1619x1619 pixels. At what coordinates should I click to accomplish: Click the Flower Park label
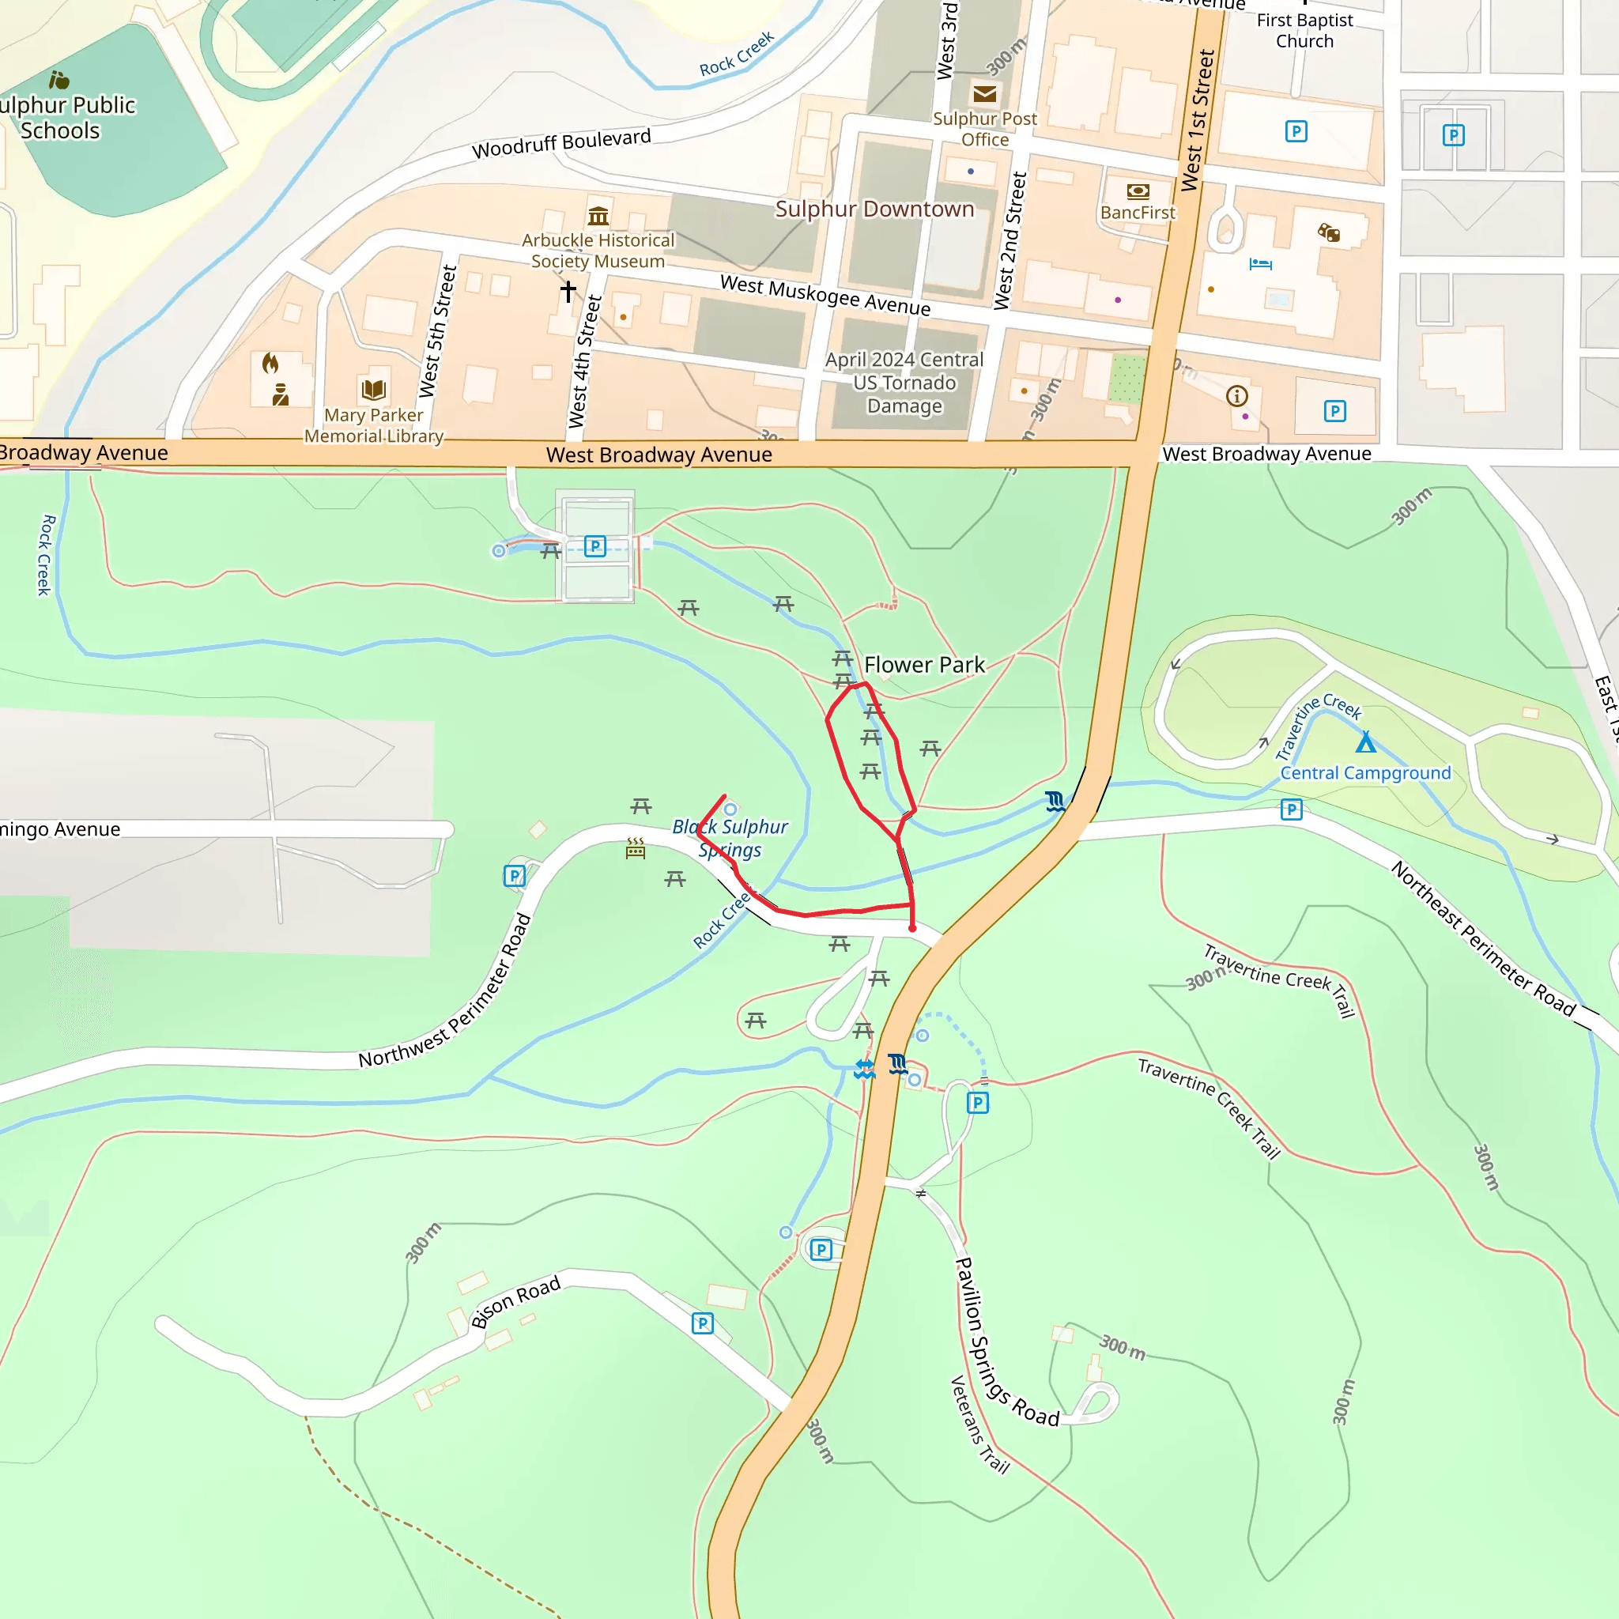coord(923,666)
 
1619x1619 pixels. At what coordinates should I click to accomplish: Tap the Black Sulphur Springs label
coord(730,838)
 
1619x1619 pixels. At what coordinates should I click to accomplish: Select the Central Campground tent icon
coord(1366,742)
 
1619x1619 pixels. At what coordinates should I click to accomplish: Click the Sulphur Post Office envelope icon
coord(985,94)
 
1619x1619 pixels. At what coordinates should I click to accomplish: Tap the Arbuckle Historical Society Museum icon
coord(598,216)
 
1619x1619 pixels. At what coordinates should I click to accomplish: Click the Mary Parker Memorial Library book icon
coord(374,390)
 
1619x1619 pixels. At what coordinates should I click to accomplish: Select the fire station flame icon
coord(270,363)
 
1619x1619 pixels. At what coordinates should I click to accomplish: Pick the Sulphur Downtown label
coord(874,209)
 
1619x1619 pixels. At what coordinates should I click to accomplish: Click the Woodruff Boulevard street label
coord(560,143)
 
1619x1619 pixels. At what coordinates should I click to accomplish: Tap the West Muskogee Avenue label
coord(825,295)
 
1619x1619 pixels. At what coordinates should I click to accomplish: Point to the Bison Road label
coord(515,1302)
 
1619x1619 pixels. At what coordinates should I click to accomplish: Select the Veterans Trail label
coord(979,1424)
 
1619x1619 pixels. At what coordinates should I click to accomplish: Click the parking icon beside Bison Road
coord(702,1323)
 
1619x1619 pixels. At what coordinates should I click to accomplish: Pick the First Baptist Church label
coord(1304,30)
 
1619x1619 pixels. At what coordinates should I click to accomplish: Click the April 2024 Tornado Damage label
coord(904,383)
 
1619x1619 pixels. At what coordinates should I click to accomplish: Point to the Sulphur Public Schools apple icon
coord(58,81)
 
